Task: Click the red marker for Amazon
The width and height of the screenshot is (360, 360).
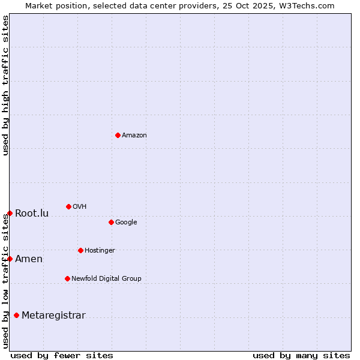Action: tap(118, 135)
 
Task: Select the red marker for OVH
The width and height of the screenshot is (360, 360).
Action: tap(68, 206)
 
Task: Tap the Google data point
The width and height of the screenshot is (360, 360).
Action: tap(111, 222)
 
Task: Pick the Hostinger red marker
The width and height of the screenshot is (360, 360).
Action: tap(80, 250)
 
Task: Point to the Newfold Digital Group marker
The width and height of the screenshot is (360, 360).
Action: tap(67, 278)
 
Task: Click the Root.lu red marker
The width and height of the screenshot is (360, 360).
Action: tap(10, 213)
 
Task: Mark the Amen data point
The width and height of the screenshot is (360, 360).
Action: tap(10, 259)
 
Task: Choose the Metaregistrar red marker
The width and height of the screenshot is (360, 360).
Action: tap(16, 316)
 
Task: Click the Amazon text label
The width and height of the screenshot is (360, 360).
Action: tap(134, 136)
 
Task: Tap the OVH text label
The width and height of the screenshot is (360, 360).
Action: tap(80, 207)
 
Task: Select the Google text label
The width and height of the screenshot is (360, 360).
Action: tap(126, 223)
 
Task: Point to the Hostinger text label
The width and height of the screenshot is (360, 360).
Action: tap(100, 251)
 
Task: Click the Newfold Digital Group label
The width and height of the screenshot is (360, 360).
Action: tap(106, 279)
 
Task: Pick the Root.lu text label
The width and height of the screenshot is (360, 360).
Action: tap(32, 214)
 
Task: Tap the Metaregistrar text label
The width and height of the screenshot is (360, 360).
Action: tap(53, 316)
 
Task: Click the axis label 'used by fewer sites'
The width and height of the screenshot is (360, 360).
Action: tap(62, 356)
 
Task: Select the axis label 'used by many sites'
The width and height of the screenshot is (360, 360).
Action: tap(301, 356)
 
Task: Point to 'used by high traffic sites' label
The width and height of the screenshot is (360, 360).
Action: tap(6, 85)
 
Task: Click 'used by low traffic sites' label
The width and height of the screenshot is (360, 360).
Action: tap(6, 281)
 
